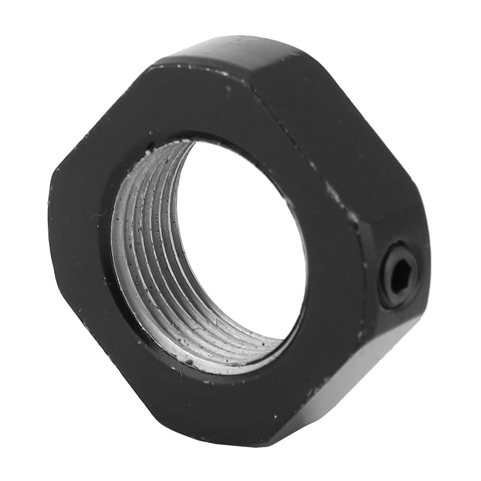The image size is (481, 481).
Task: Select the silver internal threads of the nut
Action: point(144,269)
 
